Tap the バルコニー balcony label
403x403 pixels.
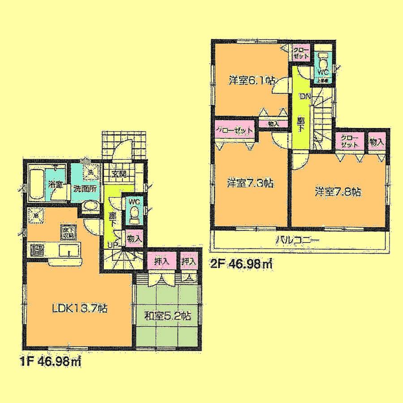tap(297, 240)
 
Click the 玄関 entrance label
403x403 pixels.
tap(119, 175)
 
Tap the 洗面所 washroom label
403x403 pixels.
tap(85, 189)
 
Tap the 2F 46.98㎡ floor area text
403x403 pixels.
tap(242, 264)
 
